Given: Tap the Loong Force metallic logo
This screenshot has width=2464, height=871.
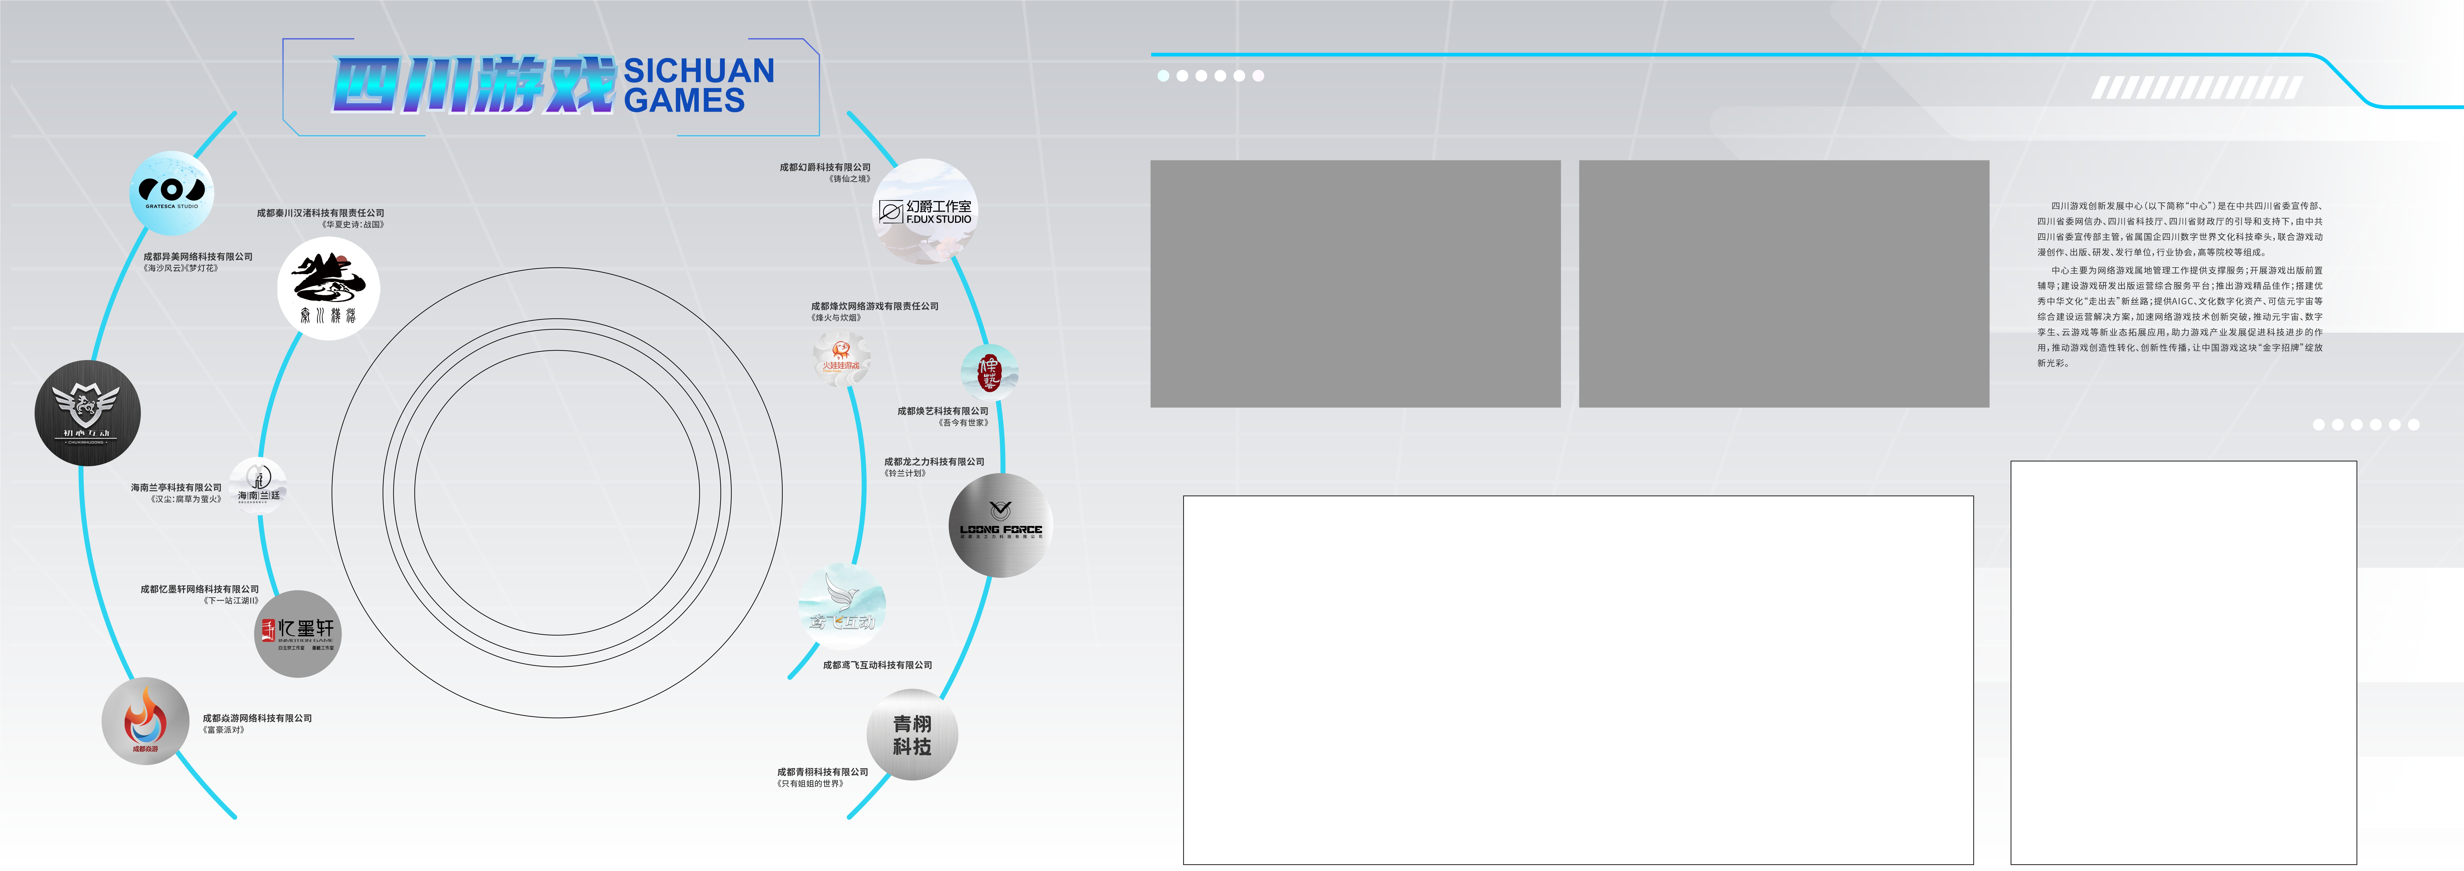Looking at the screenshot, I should click(x=1000, y=525).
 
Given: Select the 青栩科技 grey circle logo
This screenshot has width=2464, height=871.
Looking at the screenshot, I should click(x=911, y=734).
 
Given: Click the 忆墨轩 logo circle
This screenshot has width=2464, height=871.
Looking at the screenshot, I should click(x=297, y=633).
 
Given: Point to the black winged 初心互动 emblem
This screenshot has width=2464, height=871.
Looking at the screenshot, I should click(x=87, y=413).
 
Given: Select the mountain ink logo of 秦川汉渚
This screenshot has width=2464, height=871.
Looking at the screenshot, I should click(x=328, y=288).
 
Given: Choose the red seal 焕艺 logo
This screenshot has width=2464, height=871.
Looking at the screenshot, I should click(x=989, y=371).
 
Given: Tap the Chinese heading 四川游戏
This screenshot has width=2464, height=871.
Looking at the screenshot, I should click(x=473, y=85).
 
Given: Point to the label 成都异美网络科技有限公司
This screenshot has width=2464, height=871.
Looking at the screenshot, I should click(x=198, y=256).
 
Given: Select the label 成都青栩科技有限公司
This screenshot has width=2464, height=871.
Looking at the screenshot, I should click(x=823, y=772).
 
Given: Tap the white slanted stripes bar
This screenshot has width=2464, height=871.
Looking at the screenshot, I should click(x=2196, y=88).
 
